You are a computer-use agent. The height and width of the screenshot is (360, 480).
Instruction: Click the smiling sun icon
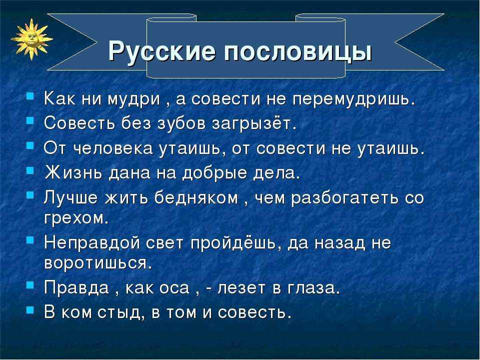coord(31,39)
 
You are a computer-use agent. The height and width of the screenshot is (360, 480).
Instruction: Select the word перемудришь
coord(354,100)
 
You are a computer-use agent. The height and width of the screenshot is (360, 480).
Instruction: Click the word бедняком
coord(196,198)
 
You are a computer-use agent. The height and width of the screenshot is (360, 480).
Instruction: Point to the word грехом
coord(76,218)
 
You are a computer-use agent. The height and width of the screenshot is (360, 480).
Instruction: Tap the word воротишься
coord(98,263)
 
